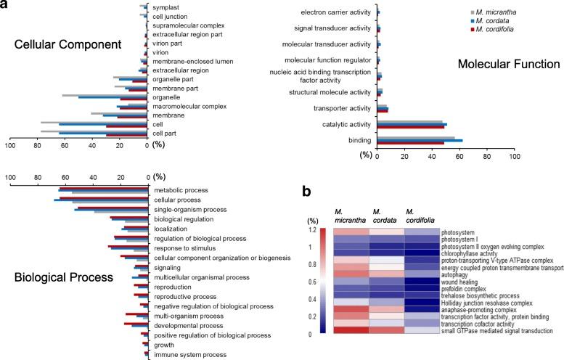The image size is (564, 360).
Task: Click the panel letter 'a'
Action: pyautogui.click(x=6, y=6)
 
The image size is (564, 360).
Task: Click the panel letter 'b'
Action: pyautogui.click(x=307, y=192)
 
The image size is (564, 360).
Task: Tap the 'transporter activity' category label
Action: pyautogui.click(x=342, y=109)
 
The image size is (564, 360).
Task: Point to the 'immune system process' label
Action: pyautogui.click(x=188, y=355)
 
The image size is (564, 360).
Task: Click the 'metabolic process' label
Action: pyautogui.click(x=181, y=191)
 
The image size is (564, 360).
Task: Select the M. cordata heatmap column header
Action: pyautogui.click(x=383, y=216)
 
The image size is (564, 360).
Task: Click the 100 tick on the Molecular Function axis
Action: pyautogui.click(x=513, y=155)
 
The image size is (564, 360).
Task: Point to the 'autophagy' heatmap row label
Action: pyautogui.click(x=453, y=274)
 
